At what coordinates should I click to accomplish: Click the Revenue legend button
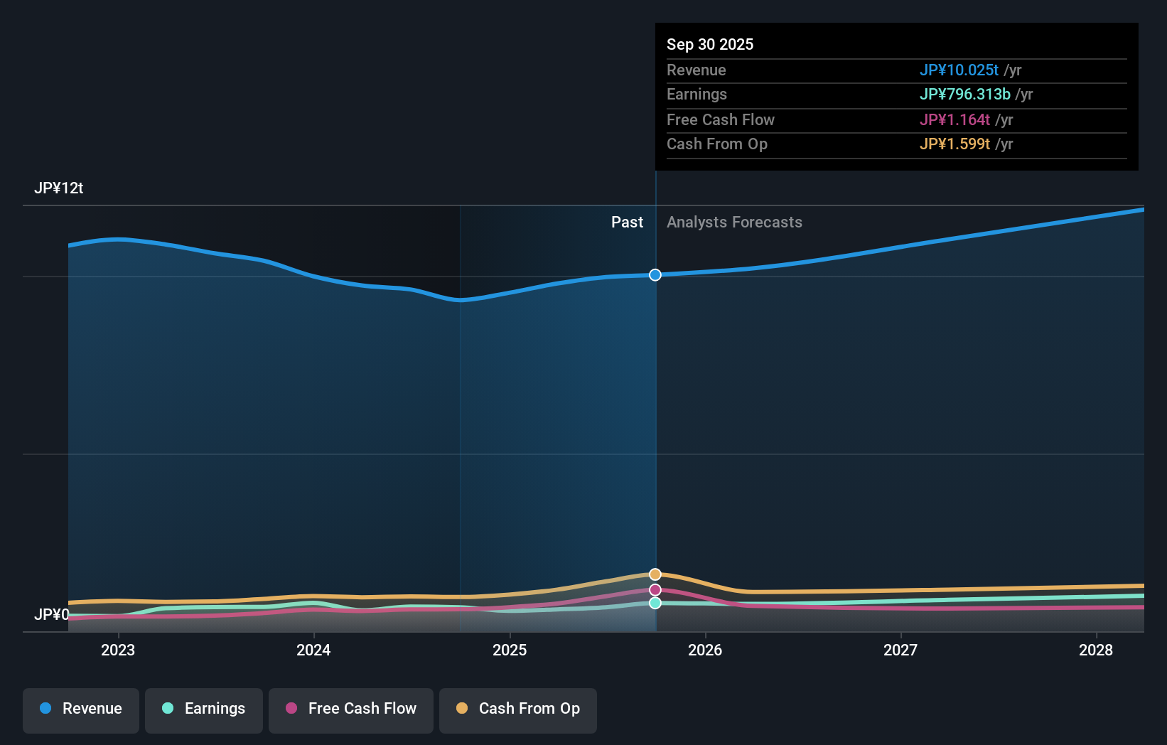click(x=81, y=709)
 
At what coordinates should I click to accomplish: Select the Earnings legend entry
click(x=204, y=709)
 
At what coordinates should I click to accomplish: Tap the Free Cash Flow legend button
click(x=351, y=709)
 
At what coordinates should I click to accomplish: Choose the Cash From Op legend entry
click(x=518, y=709)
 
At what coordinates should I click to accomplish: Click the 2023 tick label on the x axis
click(x=118, y=650)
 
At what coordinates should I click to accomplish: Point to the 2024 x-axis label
click(x=313, y=650)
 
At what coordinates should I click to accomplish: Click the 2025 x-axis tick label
click(x=510, y=650)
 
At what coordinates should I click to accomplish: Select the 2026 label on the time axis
click(x=705, y=650)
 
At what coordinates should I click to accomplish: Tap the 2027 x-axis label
click(x=900, y=650)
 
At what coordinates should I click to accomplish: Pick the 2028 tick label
click(x=1096, y=650)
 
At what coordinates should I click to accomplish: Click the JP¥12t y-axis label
click(x=59, y=188)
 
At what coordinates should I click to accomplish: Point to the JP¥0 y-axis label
click(x=52, y=614)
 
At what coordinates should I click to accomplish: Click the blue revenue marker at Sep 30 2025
click(x=655, y=275)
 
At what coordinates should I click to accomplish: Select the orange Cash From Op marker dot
click(x=655, y=574)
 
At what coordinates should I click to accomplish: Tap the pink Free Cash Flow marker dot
click(x=655, y=590)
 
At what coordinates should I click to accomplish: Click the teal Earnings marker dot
click(x=655, y=603)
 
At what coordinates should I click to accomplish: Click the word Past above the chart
click(x=627, y=223)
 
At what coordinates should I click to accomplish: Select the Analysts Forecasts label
click(x=734, y=223)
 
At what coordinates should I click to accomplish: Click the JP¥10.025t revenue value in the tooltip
click(x=959, y=70)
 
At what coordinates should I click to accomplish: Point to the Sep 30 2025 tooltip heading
click(x=710, y=45)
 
